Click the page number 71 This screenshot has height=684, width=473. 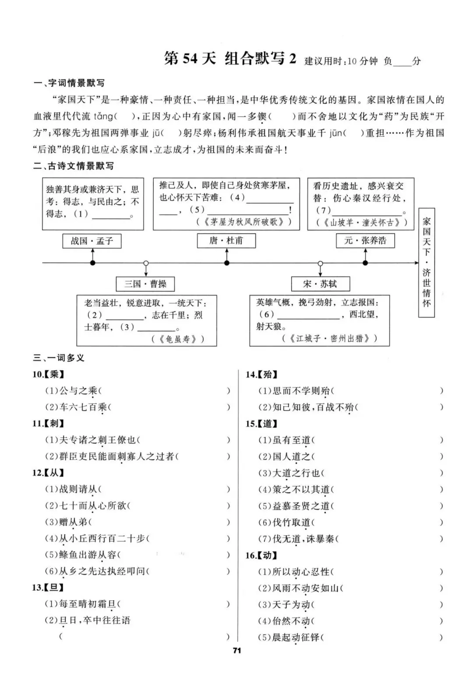click(237, 651)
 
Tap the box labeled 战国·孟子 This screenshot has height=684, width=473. click(92, 241)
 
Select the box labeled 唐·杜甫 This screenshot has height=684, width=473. click(226, 240)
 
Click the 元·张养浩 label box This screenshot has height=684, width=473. click(365, 240)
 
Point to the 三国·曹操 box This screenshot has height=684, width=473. click(145, 284)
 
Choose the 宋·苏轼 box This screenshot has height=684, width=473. click(320, 284)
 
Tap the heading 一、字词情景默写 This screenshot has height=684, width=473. click(69, 83)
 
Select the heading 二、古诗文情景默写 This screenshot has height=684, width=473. click(74, 166)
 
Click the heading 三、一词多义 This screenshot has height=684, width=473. click(59, 358)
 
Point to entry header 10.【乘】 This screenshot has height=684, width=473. click(48, 374)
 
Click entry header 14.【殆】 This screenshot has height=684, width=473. click(261, 374)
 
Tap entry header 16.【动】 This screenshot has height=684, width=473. click(261, 555)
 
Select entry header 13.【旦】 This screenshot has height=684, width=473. click(48, 588)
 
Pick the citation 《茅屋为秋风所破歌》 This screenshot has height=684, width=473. click(244, 222)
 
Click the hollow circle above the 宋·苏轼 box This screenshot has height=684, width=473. click(320, 263)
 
